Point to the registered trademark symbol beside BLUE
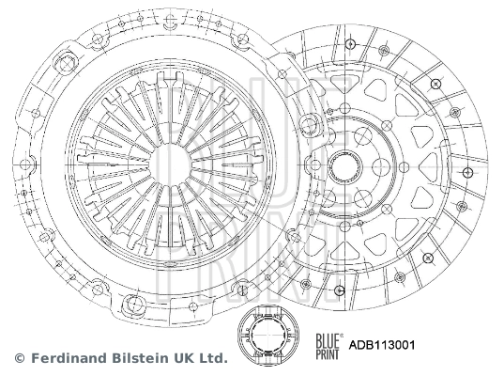pos(342,336)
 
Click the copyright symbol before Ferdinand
pos(18,359)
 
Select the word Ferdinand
pos(65,359)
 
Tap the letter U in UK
pos(179,359)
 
